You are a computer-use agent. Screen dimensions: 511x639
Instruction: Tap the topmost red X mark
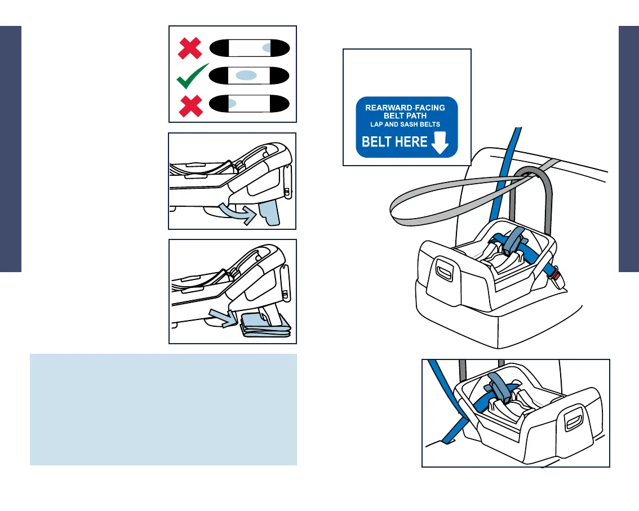(190, 48)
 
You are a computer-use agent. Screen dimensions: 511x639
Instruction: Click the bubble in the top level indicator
(268, 48)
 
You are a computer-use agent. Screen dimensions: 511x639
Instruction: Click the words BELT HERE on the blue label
(394, 141)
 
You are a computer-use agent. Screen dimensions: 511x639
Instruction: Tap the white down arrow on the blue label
(440, 143)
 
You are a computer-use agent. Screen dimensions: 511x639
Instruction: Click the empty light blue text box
(163, 410)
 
